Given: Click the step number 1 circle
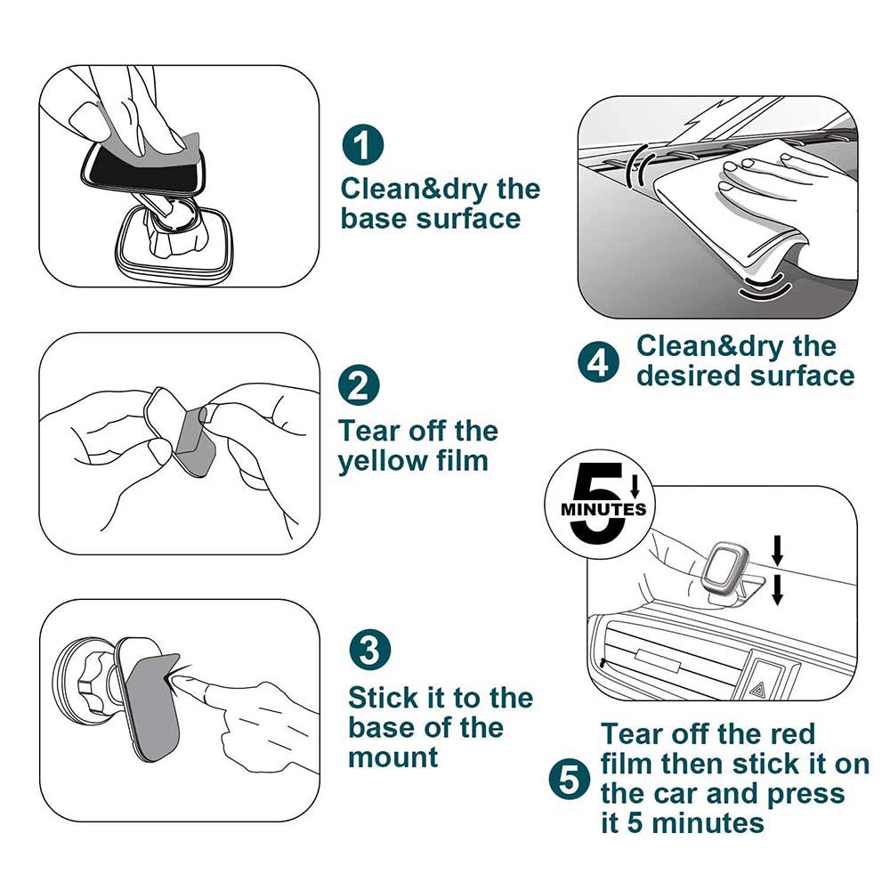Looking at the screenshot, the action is pos(363,145).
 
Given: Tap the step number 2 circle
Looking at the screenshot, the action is pos(360,385).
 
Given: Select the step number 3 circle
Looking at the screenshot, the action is pos(370,649).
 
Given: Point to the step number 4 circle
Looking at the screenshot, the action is pos(599,362).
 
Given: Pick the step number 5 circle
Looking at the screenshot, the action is pos(570,780).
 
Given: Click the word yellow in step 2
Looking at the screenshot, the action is pos(383,461).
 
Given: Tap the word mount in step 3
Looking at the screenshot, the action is pos(393,757).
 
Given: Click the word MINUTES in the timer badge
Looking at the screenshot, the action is pos(603,508).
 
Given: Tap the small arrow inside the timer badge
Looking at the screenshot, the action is pos(635,486).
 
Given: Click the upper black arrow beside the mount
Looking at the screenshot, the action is pos(778,550).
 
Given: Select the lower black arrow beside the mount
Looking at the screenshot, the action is pos(778,590).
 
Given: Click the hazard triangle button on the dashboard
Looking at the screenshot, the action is pos(757,691).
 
